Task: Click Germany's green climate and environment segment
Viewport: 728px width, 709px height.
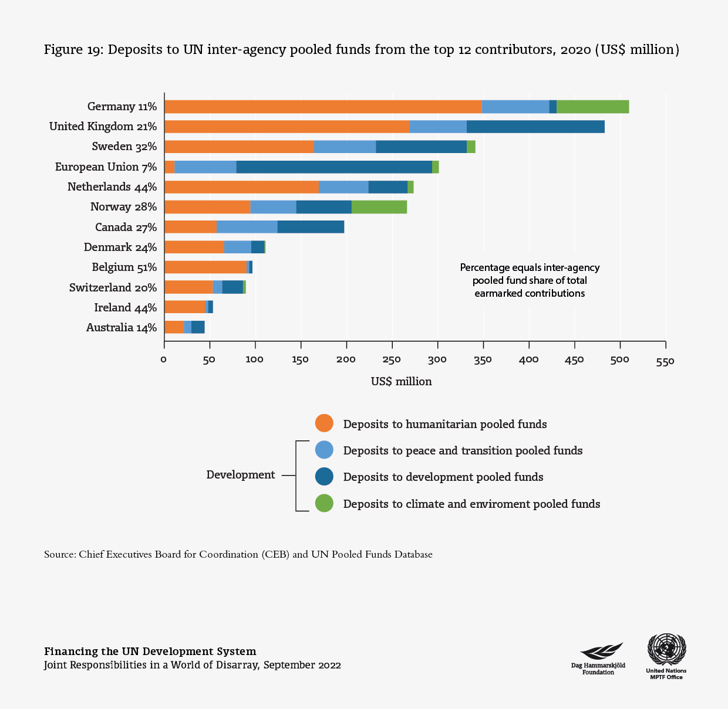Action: point(592,107)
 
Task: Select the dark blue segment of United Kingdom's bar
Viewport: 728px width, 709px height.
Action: point(535,127)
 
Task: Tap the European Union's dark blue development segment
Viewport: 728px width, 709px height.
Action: point(334,167)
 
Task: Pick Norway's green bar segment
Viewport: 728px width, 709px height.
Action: point(379,207)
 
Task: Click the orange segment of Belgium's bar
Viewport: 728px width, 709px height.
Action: point(205,267)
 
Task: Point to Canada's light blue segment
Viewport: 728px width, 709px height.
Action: point(247,227)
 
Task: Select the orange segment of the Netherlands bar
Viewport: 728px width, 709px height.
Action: point(241,187)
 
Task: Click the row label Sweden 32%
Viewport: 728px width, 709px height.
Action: point(124,147)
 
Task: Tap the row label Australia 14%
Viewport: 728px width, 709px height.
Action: point(121,328)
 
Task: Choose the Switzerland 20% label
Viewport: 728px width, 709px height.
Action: point(113,287)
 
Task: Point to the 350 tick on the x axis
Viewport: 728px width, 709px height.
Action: point(483,359)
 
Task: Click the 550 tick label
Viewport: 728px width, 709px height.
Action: point(665,360)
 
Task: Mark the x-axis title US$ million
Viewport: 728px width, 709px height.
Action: point(401,382)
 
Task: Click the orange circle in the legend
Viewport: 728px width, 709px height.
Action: point(324,423)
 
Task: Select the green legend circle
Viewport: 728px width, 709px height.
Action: point(324,503)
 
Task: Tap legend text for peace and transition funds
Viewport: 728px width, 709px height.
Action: point(463,451)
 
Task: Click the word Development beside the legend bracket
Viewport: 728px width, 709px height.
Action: point(240,475)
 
